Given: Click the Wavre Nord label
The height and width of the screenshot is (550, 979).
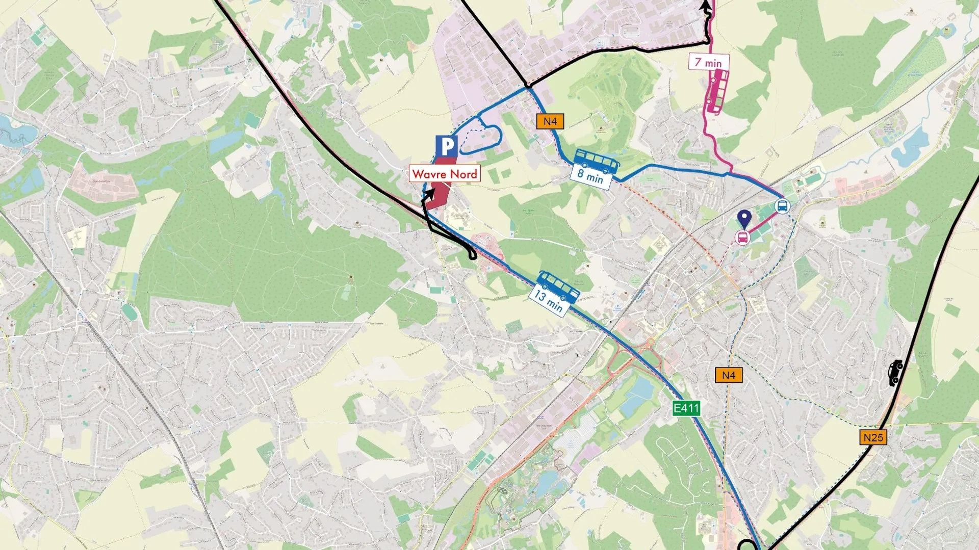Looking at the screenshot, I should [444, 174].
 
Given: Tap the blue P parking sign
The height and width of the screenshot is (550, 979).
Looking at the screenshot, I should [447, 147].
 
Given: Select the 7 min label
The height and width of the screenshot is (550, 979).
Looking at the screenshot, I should [709, 62].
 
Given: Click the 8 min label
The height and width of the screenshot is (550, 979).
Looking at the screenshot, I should [590, 176].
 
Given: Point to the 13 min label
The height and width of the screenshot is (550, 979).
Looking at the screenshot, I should [549, 301].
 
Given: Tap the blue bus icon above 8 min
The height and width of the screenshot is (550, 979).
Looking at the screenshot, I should [597, 161].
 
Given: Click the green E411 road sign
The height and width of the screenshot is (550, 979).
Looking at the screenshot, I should [686, 408].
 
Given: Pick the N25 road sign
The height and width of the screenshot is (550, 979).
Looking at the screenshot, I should [873, 437].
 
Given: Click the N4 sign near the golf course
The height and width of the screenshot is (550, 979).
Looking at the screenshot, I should [550, 121].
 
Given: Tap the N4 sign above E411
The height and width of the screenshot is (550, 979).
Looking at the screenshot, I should [728, 376].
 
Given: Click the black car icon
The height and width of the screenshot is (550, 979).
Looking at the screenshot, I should [895, 373].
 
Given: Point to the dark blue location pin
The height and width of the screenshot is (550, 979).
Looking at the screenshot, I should [745, 219].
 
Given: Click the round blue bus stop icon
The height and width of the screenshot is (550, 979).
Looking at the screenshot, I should [782, 206].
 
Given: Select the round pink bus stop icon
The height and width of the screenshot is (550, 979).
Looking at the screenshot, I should [742, 237].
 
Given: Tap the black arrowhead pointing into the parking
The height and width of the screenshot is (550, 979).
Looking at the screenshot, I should [430, 194].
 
